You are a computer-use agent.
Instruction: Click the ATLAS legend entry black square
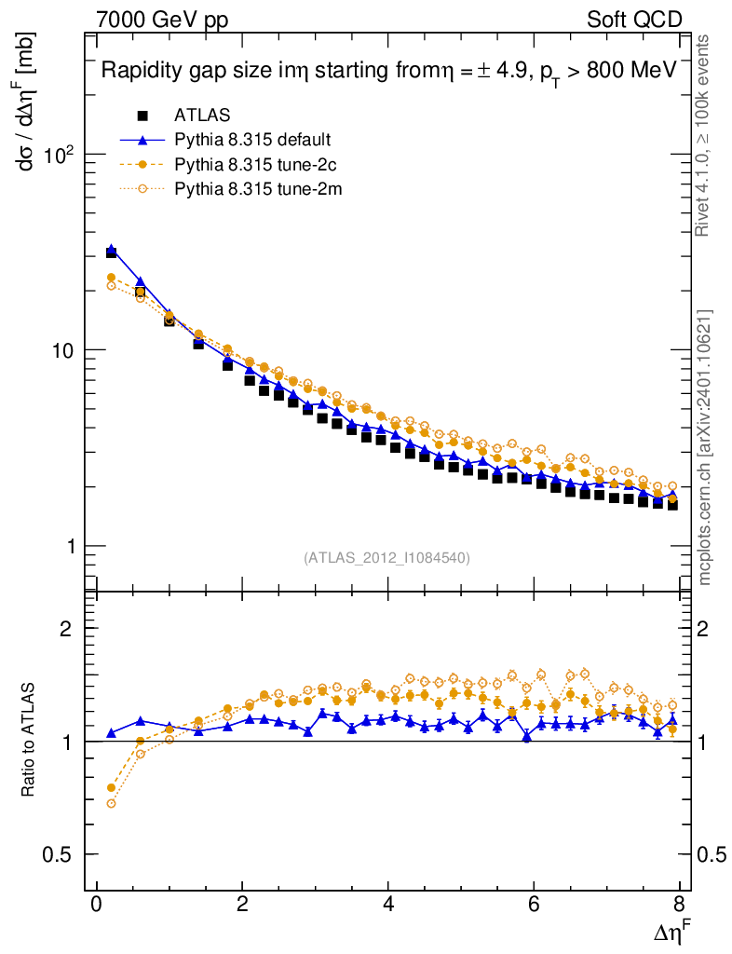(142, 116)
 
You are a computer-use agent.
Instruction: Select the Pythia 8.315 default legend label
(252, 140)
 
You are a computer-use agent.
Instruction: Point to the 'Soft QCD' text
(634, 20)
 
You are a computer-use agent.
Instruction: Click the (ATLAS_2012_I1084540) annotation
(386, 558)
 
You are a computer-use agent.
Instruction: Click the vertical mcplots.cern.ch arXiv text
(706, 447)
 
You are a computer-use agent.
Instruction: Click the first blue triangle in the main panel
(112, 250)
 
